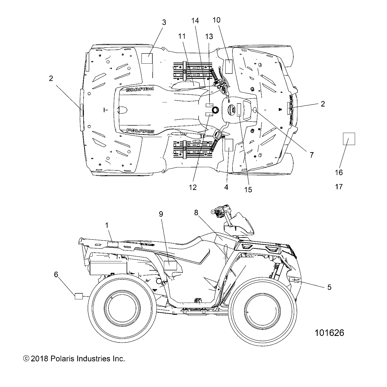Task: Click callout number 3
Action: pos(164,22)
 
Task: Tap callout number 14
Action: pos(195,21)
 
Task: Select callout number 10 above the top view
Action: pos(216,20)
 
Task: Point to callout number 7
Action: pos(312,155)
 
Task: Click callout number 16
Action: pos(339,172)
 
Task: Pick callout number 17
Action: pos(339,187)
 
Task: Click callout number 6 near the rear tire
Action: pos(56,274)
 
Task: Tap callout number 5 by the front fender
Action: pos(329,287)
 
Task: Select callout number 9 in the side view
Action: pos(161,214)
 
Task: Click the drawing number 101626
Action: pos(329,333)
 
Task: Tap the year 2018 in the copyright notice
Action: pos(40,359)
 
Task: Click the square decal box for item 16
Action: pos(349,139)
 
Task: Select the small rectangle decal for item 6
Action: pos(79,296)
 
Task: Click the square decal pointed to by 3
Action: pos(147,58)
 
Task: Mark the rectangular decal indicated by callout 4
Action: pos(228,145)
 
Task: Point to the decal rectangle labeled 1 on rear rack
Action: pos(113,244)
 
